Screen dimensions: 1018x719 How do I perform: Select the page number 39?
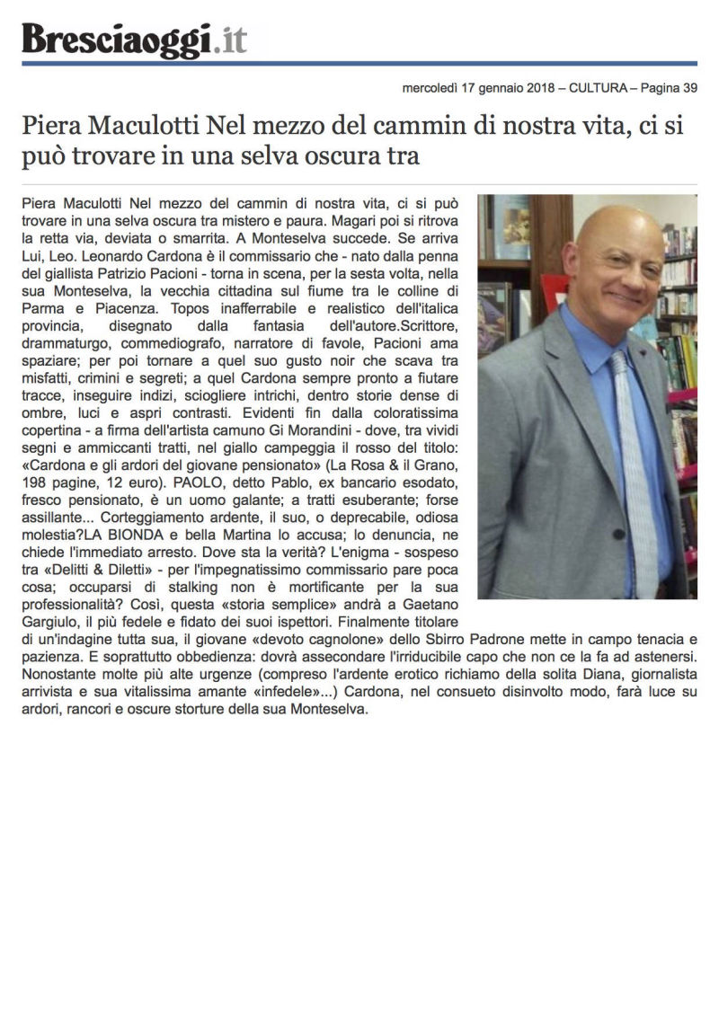point(688,88)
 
